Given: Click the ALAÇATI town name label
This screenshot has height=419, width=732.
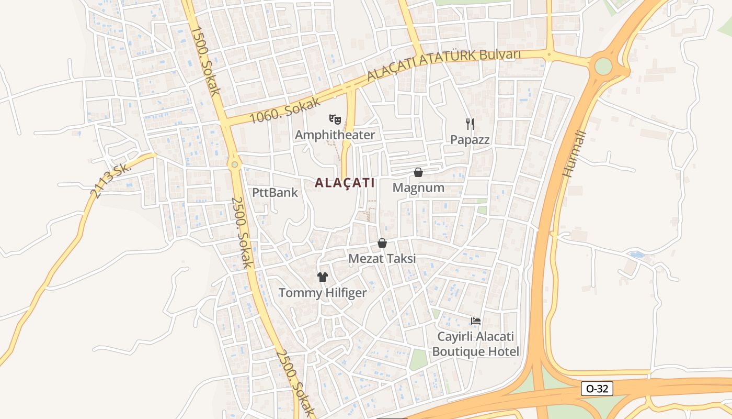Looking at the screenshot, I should pos(345,183).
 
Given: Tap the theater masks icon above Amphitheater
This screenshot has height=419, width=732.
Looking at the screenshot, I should pos(335,119).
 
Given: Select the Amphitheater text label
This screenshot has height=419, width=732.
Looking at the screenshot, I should pos(335,135).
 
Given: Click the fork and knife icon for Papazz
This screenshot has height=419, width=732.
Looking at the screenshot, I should pos(470,124).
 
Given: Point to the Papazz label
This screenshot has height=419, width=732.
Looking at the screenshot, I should pos(470,140).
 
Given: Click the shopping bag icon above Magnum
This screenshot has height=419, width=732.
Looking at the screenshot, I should pos(418,172).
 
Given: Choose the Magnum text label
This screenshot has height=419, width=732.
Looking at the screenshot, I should pos(418,188).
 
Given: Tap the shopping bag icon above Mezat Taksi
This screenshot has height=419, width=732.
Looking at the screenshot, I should pos(382,244).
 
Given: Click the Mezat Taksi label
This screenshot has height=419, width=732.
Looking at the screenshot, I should pos(382,259).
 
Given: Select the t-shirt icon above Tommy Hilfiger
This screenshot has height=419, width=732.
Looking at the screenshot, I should pos(322,277).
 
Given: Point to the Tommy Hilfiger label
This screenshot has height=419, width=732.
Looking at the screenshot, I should pos(323,293).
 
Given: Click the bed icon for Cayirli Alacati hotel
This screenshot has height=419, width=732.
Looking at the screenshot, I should pos(475,321).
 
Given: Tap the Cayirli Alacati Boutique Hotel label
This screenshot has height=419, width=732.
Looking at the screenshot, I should pos(476,344).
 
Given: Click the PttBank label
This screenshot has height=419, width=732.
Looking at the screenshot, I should pos(275,192).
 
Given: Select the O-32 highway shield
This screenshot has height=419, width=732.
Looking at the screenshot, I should pos(597,389).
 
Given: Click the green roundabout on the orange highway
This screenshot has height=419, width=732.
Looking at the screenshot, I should pos(603,67).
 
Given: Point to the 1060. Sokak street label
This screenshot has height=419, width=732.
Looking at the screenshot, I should pos(284,111).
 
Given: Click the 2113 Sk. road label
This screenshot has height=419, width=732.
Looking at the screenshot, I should pos(109,181).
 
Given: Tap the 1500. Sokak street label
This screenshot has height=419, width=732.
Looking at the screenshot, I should pos(205,61).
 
